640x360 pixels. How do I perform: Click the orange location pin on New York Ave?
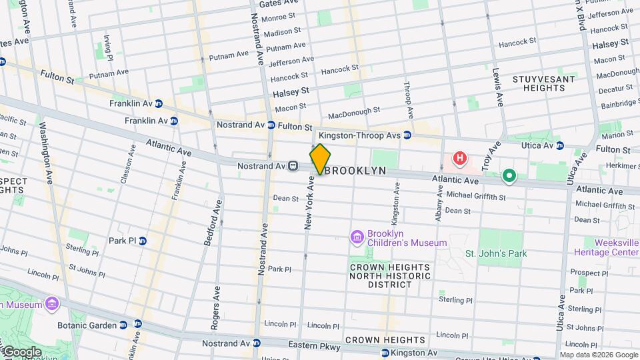[320, 159]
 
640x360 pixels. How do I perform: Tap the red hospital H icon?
[459, 159]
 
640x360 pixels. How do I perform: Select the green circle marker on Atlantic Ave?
[509, 176]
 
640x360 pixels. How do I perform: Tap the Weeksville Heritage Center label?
[605, 247]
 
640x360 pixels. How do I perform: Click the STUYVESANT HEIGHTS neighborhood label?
[543, 83]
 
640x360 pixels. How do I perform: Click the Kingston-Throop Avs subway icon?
[407, 135]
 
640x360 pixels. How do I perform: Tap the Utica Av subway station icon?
[560, 145]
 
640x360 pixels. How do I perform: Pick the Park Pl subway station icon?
[143, 241]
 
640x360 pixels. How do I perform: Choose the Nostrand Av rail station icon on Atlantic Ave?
[292, 165]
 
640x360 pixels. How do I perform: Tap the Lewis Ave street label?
[497, 87]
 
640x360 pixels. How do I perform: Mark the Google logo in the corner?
[22, 351]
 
